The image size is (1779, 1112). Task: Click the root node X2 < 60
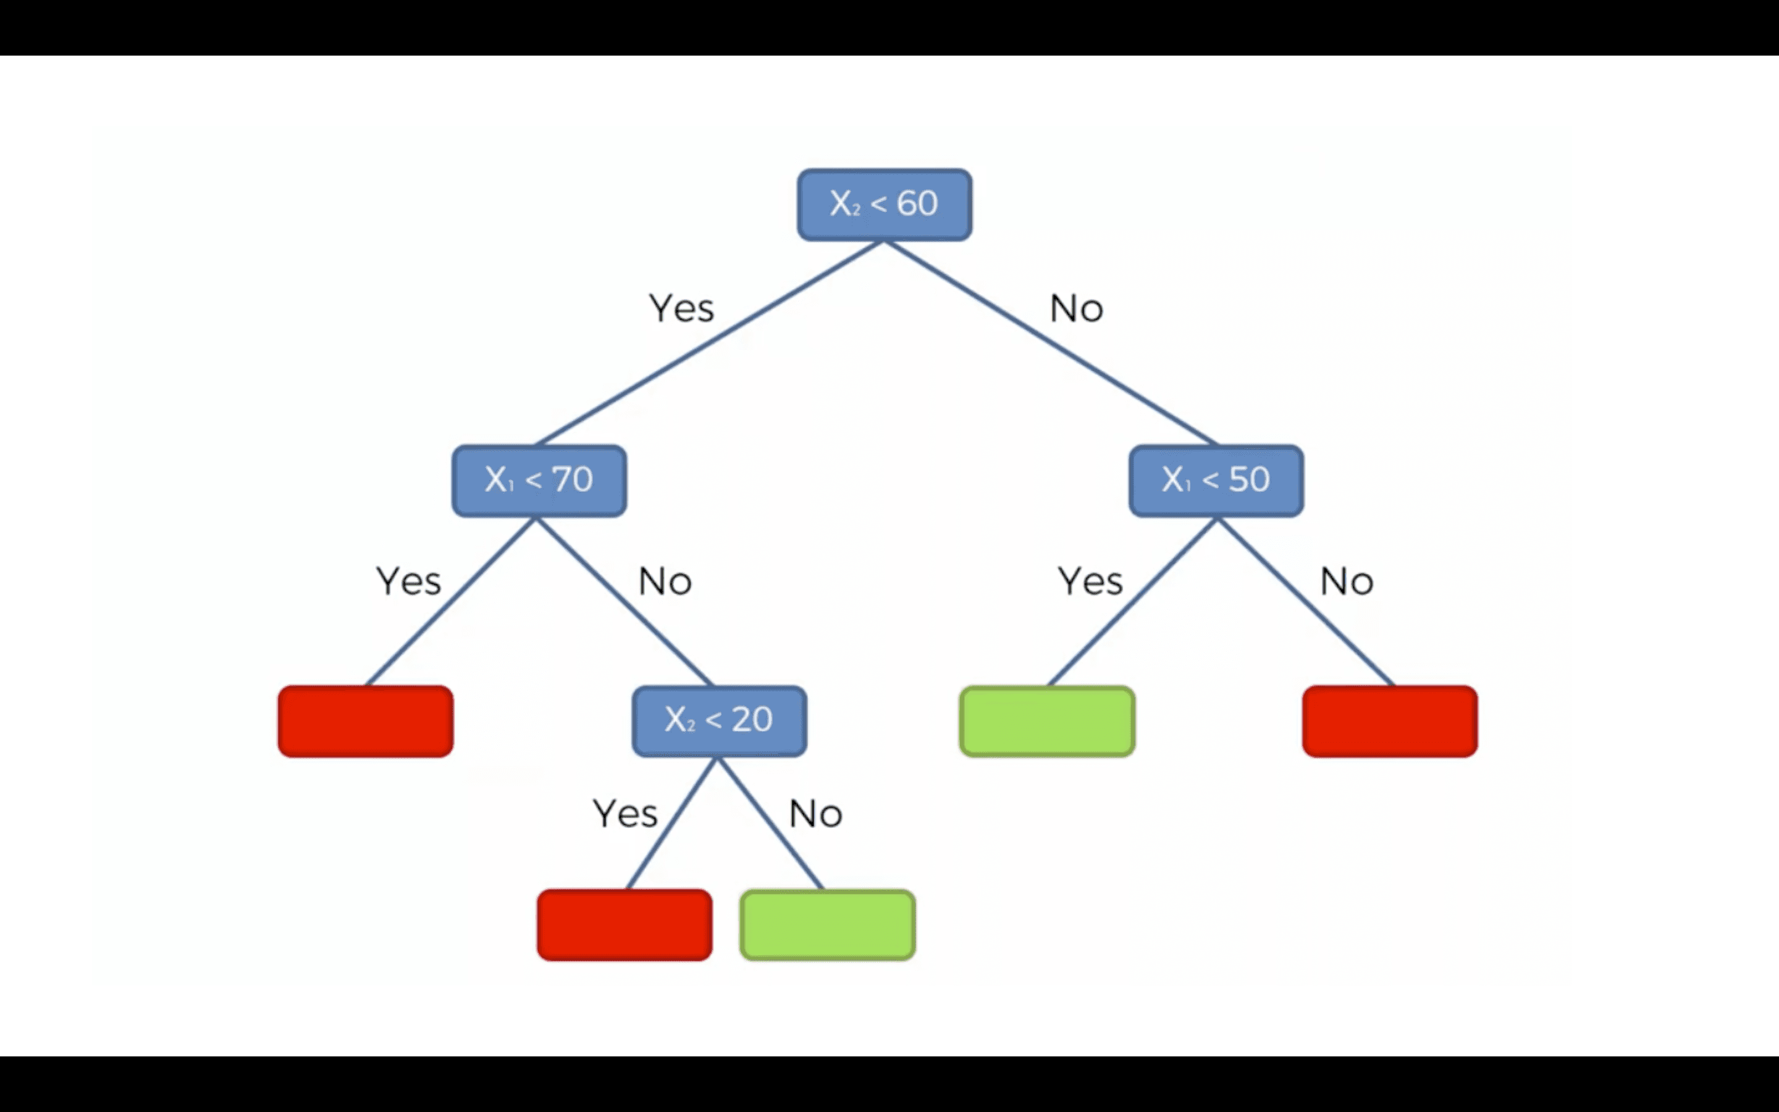click(x=885, y=204)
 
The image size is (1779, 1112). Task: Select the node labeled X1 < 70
click(x=539, y=480)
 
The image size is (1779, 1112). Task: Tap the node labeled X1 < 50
click(x=1216, y=480)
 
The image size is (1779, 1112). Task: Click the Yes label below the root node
click(x=681, y=308)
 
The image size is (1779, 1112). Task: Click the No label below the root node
click(x=1076, y=309)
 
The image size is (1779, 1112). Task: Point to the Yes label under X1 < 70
click(x=409, y=581)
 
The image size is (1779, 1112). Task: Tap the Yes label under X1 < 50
click(x=1090, y=581)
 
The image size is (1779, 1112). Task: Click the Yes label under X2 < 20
click(x=625, y=814)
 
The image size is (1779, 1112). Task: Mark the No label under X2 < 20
click(x=815, y=814)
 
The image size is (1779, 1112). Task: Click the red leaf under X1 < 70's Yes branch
click(x=365, y=721)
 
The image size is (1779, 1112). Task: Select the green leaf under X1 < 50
click(x=1047, y=721)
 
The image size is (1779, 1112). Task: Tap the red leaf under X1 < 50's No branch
click(x=1389, y=721)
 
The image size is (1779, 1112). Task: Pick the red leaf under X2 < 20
click(x=624, y=924)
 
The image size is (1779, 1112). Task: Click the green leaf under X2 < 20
click(x=827, y=924)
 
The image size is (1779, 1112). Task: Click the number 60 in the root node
click(x=917, y=203)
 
